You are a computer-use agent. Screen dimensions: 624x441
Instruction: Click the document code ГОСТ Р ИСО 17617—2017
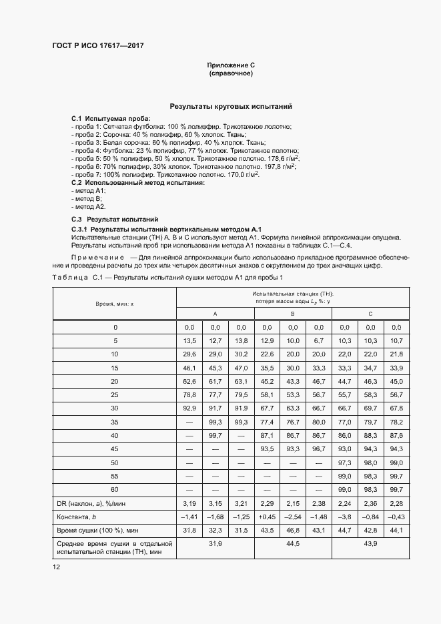(x=97, y=46)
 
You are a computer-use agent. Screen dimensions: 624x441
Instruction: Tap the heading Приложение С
(x=231, y=65)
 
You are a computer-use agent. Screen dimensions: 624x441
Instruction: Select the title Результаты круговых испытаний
(x=231, y=106)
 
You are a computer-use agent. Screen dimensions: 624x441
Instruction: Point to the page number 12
(x=56, y=566)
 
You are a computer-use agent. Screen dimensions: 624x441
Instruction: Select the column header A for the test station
(x=215, y=313)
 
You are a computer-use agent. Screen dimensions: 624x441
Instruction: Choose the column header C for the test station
(x=370, y=313)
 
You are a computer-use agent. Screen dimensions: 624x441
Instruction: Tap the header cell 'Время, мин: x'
(x=115, y=303)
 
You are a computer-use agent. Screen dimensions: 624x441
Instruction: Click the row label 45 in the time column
(x=115, y=448)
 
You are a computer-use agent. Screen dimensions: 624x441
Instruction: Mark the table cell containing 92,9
(x=189, y=407)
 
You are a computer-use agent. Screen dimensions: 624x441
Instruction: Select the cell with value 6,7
(x=318, y=341)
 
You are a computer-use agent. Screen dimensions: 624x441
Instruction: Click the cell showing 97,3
(x=344, y=462)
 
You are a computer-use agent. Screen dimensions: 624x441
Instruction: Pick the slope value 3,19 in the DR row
(x=189, y=504)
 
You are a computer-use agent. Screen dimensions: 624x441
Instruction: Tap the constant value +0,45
(x=266, y=517)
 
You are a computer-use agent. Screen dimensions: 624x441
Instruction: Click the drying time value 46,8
(x=292, y=531)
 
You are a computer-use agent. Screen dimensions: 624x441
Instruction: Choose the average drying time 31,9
(x=215, y=545)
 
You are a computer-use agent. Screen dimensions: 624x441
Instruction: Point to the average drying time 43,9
(x=370, y=545)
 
